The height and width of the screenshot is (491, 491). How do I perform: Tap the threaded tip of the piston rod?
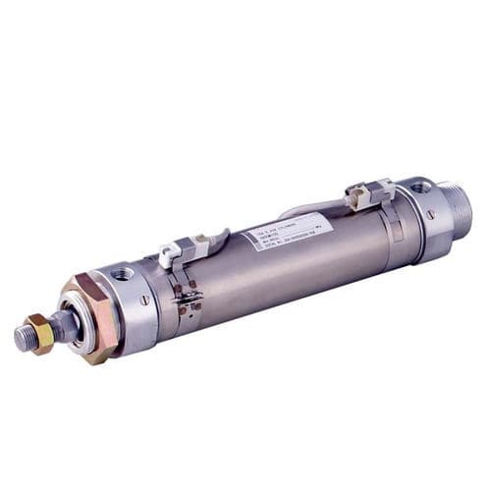[21, 339]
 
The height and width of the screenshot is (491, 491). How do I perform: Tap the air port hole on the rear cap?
[419, 187]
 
